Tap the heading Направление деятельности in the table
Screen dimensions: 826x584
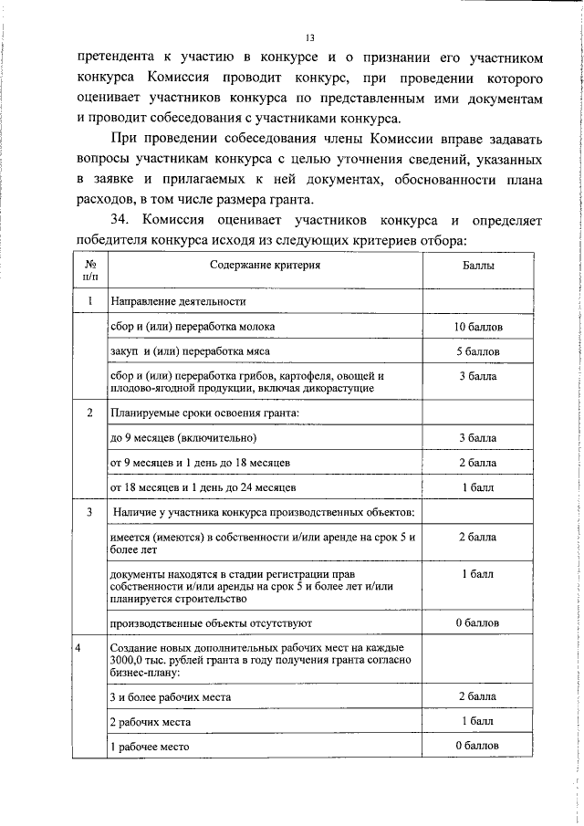click(x=178, y=301)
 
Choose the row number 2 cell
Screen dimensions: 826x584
click(x=89, y=413)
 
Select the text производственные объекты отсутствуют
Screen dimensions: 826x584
click(x=211, y=622)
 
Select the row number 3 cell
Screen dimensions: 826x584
click(x=89, y=512)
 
